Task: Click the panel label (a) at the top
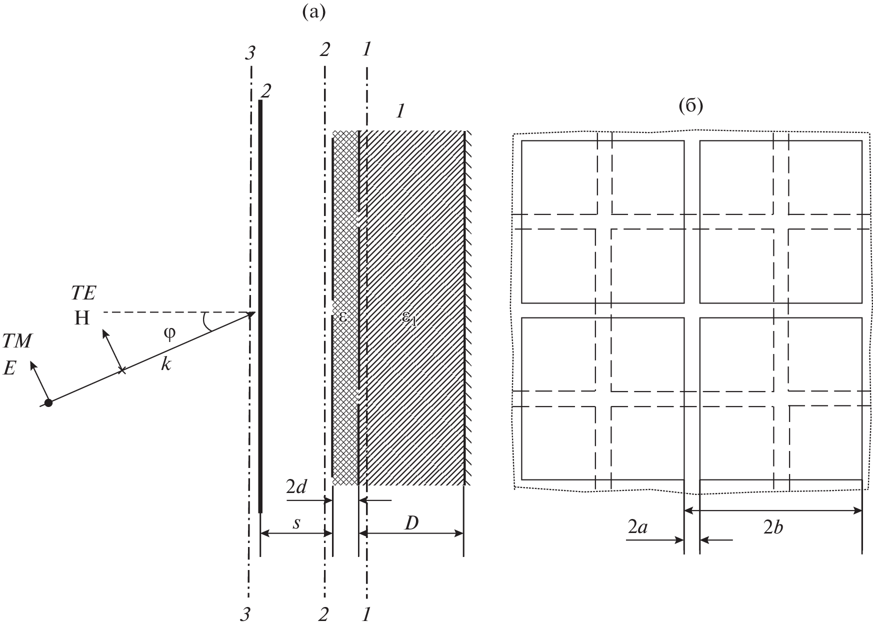coord(314,12)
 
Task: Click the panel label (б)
coord(690,106)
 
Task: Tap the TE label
coord(83,293)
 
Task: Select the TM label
coord(17,341)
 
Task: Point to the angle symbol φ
coord(170,334)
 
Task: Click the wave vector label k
coord(166,364)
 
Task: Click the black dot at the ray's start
coord(48,402)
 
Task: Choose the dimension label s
coord(296,523)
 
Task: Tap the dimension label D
coord(411,523)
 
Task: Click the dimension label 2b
coord(773,527)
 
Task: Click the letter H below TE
coord(82,318)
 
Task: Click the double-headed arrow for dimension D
coord(411,533)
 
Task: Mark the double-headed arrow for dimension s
coord(296,533)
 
